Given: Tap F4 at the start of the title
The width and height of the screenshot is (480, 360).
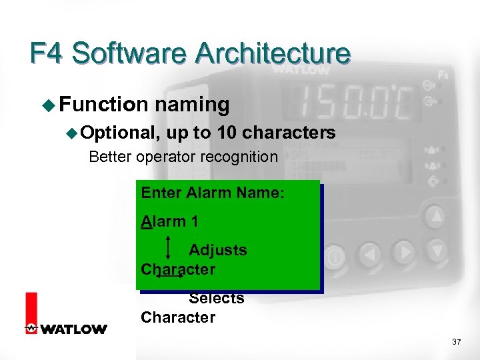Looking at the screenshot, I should (47, 53).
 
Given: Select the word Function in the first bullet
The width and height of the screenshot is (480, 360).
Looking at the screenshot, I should (103, 105).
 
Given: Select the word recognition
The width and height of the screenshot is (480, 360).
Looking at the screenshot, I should (241, 157).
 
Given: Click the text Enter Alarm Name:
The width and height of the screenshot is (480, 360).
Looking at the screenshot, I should (213, 193).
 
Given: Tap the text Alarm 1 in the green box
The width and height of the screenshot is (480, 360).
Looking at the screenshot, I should (169, 221).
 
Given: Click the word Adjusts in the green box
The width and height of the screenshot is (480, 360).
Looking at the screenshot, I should (217, 250).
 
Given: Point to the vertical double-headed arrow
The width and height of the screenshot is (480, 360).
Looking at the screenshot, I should (167, 247).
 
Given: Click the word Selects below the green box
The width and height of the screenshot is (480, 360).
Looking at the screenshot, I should (216, 299).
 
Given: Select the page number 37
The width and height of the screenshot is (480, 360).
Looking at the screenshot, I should (456, 342).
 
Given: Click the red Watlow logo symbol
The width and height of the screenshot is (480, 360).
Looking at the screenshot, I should (31, 313).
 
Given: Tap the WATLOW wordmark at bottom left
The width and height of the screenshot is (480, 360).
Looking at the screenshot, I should (73, 329).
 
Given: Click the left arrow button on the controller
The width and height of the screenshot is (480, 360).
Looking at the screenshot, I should (371, 254).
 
